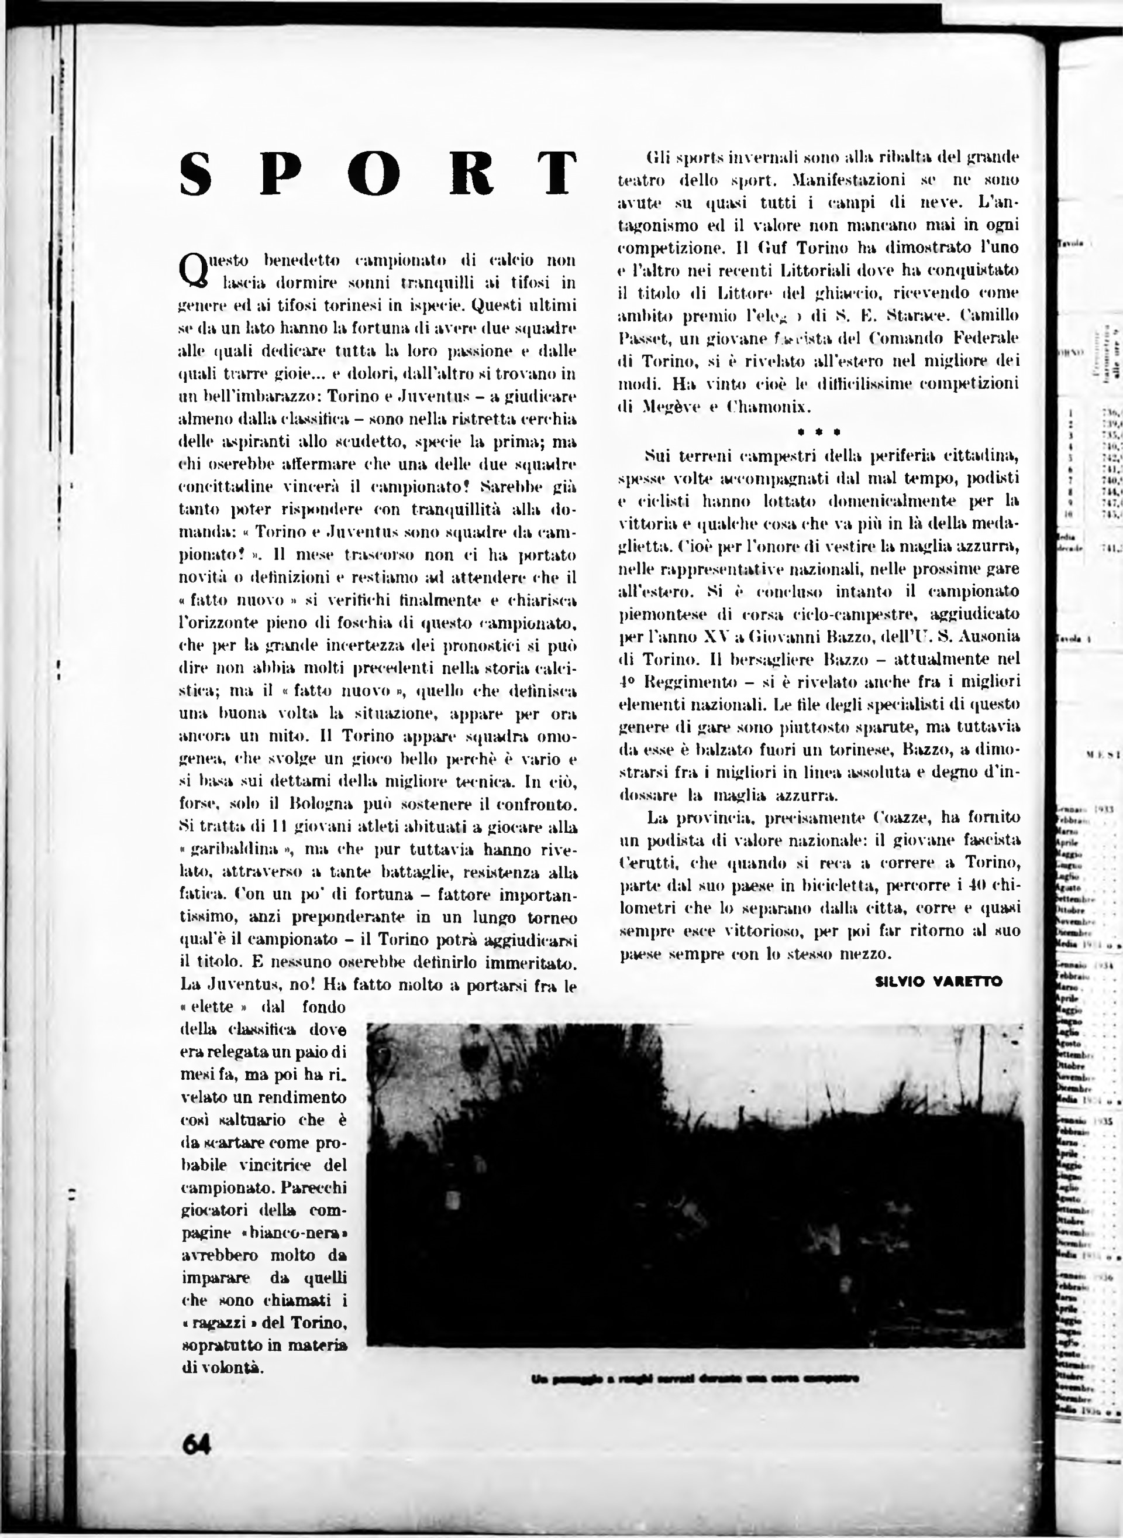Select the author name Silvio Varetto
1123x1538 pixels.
pos(939,981)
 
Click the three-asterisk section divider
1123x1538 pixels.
pos(818,431)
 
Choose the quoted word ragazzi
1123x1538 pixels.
pos(225,1324)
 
